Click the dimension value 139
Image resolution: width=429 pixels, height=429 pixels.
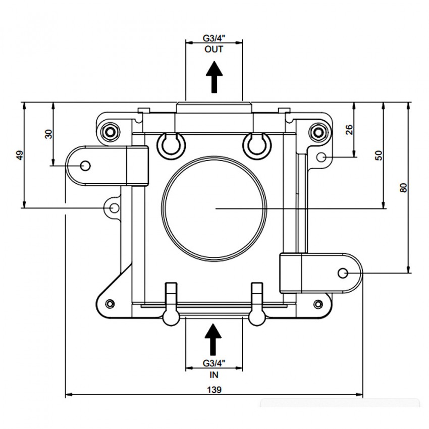(214, 389)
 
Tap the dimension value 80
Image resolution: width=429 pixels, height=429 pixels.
(404, 188)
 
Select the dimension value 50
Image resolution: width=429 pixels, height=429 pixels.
(379, 155)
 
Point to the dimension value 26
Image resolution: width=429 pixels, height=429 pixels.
(349, 130)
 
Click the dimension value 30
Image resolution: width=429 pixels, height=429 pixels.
(48, 134)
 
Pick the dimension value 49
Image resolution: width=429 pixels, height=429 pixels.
(20, 155)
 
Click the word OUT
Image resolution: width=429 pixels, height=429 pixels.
(214, 49)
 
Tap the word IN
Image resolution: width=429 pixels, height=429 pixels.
(214, 374)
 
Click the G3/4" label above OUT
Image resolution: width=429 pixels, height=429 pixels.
(214, 38)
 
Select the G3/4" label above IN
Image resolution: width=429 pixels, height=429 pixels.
(214, 363)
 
